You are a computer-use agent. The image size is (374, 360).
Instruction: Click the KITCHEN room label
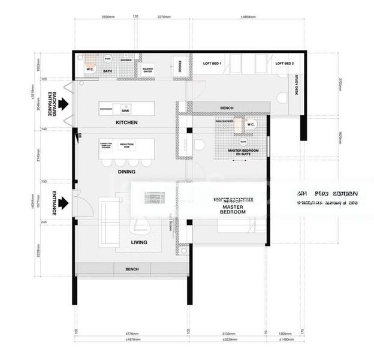(126, 122)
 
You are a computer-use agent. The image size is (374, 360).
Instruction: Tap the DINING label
(126, 172)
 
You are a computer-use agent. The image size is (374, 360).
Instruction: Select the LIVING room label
(140, 242)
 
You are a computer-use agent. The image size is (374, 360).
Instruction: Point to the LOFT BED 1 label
(212, 63)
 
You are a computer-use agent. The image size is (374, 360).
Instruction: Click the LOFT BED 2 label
(285, 63)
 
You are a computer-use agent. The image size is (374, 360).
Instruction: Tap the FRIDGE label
(178, 68)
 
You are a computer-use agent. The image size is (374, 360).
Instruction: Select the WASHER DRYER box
(147, 70)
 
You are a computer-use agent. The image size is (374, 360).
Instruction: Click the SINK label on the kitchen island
(125, 111)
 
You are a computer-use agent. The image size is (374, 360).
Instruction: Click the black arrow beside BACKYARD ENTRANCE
(64, 104)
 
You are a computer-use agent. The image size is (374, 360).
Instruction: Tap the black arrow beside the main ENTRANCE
(64, 203)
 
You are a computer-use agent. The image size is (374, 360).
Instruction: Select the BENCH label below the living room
(132, 269)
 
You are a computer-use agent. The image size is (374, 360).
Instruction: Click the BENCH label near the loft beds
(227, 108)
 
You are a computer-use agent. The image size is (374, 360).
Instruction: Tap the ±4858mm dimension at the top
(248, 17)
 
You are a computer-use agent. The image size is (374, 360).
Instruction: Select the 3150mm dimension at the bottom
(225, 333)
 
